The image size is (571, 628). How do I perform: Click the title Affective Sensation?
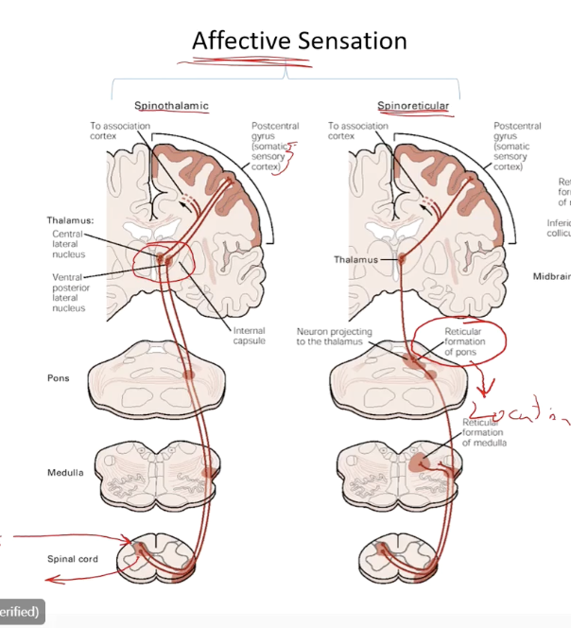click(x=299, y=41)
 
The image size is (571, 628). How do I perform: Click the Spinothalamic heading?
click(x=170, y=105)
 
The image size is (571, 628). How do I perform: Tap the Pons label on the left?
click(x=59, y=377)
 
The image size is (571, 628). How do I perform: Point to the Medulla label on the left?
click(x=64, y=471)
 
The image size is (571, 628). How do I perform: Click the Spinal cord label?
click(x=73, y=559)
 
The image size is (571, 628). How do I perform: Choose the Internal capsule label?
click(x=251, y=336)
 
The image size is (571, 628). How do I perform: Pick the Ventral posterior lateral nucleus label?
click(x=69, y=292)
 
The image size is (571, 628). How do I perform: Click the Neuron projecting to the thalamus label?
click(x=335, y=338)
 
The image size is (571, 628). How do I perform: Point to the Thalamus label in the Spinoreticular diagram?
click(x=355, y=258)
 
